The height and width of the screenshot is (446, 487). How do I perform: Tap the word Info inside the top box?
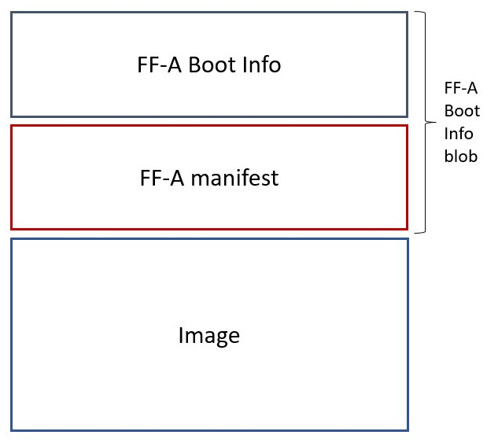261,65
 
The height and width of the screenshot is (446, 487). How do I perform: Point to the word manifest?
234,178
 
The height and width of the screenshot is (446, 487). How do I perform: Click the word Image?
208,336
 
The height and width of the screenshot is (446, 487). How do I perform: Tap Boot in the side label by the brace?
459,111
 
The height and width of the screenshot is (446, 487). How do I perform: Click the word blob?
460,156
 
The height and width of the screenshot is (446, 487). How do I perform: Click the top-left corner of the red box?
12,126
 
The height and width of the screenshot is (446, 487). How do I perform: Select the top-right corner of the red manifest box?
407,126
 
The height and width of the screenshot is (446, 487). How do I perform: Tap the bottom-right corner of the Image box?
408,429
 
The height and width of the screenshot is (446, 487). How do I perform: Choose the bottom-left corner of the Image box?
12,429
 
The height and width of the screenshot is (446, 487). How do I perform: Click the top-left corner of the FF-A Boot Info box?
12,13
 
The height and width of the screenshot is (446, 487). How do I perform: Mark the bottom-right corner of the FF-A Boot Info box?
407,116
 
